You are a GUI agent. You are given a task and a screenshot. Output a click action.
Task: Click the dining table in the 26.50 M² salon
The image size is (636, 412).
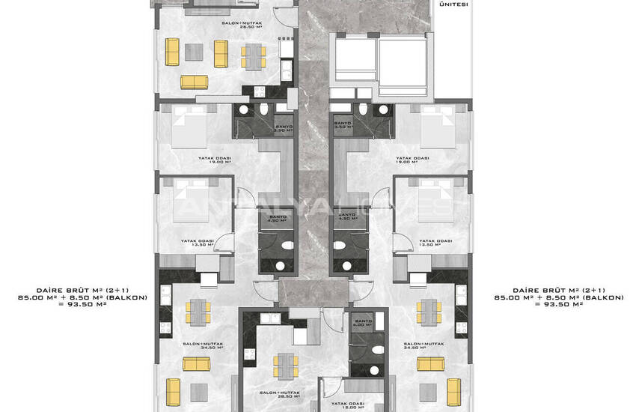tap(252, 53)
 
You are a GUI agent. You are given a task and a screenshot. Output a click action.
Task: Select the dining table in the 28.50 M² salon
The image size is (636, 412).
tap(281, 366)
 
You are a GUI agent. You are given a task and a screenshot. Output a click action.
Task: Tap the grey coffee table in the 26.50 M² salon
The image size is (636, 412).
tap(194, 52)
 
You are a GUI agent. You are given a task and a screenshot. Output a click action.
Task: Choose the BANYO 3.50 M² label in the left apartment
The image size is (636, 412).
tap(284, 129)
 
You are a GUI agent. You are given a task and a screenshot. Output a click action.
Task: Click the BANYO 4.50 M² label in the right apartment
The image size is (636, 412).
tap(346, 218)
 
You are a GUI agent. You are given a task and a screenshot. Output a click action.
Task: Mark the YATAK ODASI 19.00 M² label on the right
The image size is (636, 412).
tap(413, 160)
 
